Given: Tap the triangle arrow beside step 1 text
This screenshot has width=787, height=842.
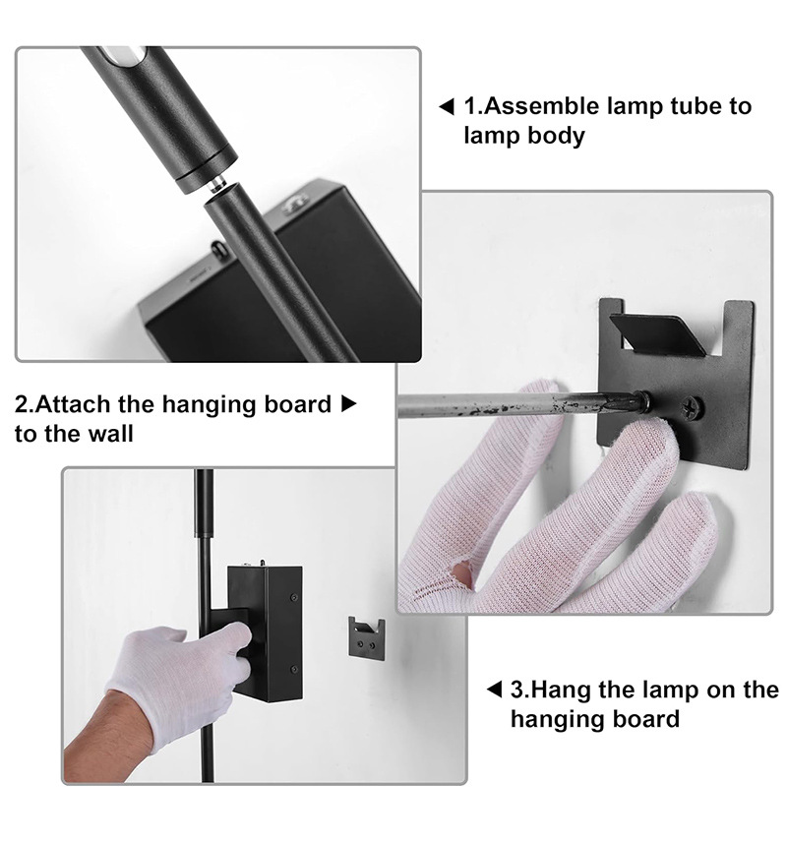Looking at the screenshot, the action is coord(447,106).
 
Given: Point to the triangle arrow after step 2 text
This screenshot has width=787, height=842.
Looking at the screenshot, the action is coord(349,404).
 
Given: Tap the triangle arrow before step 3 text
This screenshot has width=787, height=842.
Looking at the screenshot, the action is coord(494,689).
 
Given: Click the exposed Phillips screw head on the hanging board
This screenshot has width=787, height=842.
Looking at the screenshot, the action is coord(692,407).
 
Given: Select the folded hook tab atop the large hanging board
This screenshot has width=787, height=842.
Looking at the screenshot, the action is coord(657,334).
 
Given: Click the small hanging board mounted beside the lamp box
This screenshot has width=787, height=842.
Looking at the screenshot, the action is coord(367,638).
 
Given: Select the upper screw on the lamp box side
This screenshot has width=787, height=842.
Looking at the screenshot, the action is coord(294,597).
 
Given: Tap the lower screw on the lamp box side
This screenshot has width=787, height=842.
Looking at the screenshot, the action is coord(294,669).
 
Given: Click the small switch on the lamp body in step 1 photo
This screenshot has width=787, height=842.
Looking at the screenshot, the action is coord(218,249).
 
